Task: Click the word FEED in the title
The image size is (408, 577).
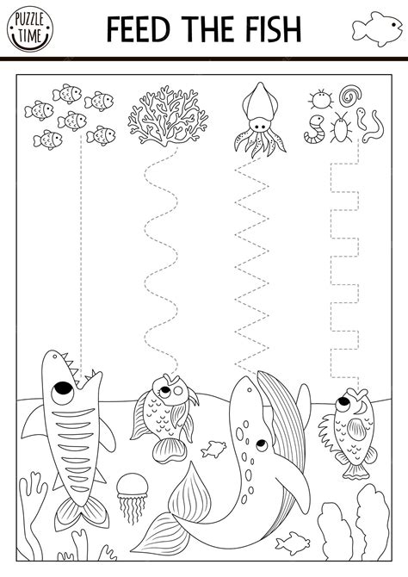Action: tap(139, 28)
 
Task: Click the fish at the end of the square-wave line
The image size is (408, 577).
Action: tap(349, 426)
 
